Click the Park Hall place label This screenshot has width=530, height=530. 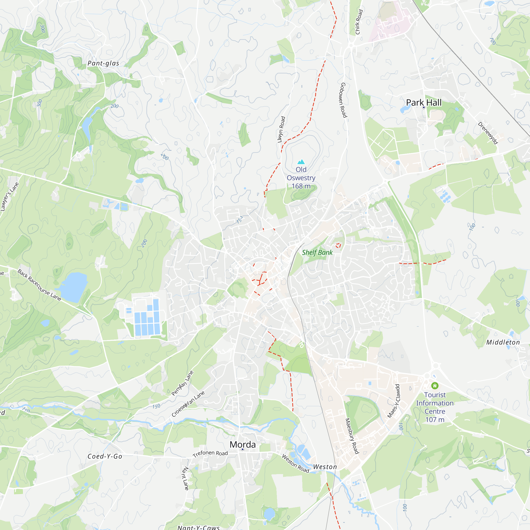[423, 103]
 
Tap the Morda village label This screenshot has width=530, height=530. [242, 444]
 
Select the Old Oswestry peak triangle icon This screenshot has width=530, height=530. [301, 162]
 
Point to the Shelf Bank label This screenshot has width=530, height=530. [317, 252]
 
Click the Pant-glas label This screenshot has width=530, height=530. [103, 63]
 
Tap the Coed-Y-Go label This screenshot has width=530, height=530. [105, 456]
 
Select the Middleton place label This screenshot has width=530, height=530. [503, 342]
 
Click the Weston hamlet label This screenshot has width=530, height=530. [325, 467]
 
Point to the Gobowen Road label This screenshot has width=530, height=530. [343, 100]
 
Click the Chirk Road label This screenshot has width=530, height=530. [359, 22]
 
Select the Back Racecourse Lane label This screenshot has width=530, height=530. [39, 285]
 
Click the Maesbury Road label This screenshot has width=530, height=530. [352, 436]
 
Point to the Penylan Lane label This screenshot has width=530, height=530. [182, 383]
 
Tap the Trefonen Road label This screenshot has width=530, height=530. [210, 454]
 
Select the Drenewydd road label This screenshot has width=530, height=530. [488, 133]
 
